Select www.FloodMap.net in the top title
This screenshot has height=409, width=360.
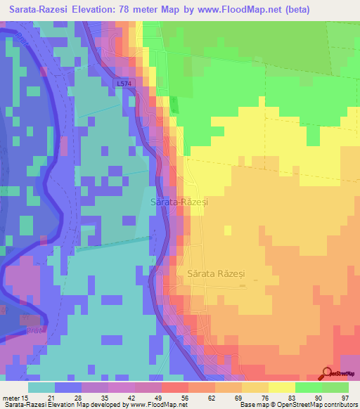(245, 8)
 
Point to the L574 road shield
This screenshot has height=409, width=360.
(124, 84)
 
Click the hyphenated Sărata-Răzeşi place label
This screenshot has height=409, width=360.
(180, 202)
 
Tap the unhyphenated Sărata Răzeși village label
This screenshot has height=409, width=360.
(219, 273)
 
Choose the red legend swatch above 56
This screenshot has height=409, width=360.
(174, 387)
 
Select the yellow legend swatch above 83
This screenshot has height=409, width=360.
(281, 387)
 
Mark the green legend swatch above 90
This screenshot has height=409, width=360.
(308, 387)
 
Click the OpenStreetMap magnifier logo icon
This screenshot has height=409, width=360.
(328, 373)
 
